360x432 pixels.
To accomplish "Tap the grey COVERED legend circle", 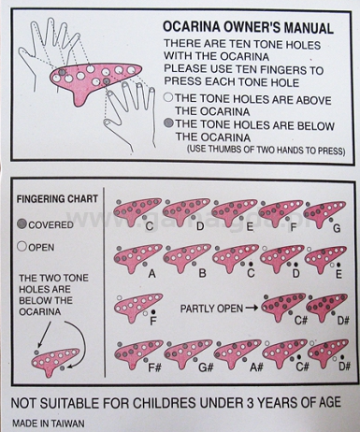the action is (x=22, y=224).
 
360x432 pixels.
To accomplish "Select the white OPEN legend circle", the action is (x=22, y=247).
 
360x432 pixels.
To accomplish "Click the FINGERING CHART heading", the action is (x=57, y=199).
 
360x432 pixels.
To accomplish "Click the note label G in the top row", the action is (x=337, y=228).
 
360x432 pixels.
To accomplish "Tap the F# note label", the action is (x=154, y=367).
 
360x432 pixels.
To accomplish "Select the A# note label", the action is (x=256, y=367).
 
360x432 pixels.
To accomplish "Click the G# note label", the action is (x=206, y=367).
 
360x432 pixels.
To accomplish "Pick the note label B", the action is (x=202, y=273).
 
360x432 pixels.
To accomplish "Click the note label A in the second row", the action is (x=151, y=273).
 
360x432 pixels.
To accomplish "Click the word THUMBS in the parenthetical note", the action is (x=226, y=149).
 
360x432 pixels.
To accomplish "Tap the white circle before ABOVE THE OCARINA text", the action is (x=168, y=97).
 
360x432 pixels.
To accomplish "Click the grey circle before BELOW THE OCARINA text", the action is (x=168, y=122).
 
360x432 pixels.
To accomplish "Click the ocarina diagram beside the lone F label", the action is (x=137, y=307).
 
